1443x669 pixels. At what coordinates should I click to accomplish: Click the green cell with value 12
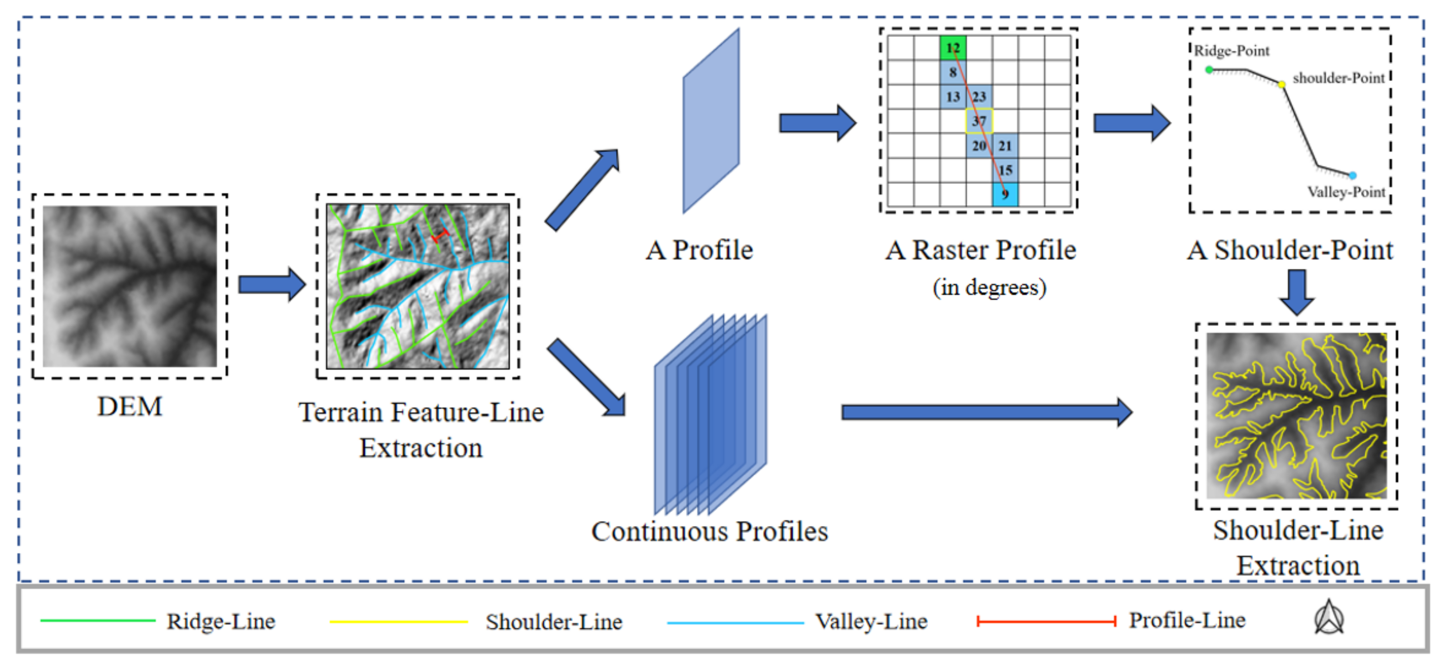[953, 48]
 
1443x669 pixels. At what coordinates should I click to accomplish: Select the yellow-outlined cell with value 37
[979, 121]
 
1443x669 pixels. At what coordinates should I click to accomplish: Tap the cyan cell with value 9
[1005, 194]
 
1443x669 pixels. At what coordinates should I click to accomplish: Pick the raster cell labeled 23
[979, 97]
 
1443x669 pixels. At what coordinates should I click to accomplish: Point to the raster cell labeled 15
[1005, 170]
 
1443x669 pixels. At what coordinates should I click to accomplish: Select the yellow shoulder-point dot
[1282, 84]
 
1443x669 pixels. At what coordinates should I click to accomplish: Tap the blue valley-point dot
[1352, 176]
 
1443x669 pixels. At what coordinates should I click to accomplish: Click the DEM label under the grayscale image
[130, 407]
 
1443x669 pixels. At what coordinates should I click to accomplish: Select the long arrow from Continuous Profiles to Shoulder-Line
[986, 412]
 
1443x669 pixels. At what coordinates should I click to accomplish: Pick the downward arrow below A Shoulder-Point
[1297, 292]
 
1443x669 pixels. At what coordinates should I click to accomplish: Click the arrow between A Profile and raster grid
[817, 123]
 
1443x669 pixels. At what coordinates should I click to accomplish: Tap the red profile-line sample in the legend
[1046, 621]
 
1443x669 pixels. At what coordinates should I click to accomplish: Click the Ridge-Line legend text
[221, 622]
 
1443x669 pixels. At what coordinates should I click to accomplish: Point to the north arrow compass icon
[1329, 618]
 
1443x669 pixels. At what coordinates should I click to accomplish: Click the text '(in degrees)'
[989, 288]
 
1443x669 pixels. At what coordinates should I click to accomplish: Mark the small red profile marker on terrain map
[440, 236]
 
